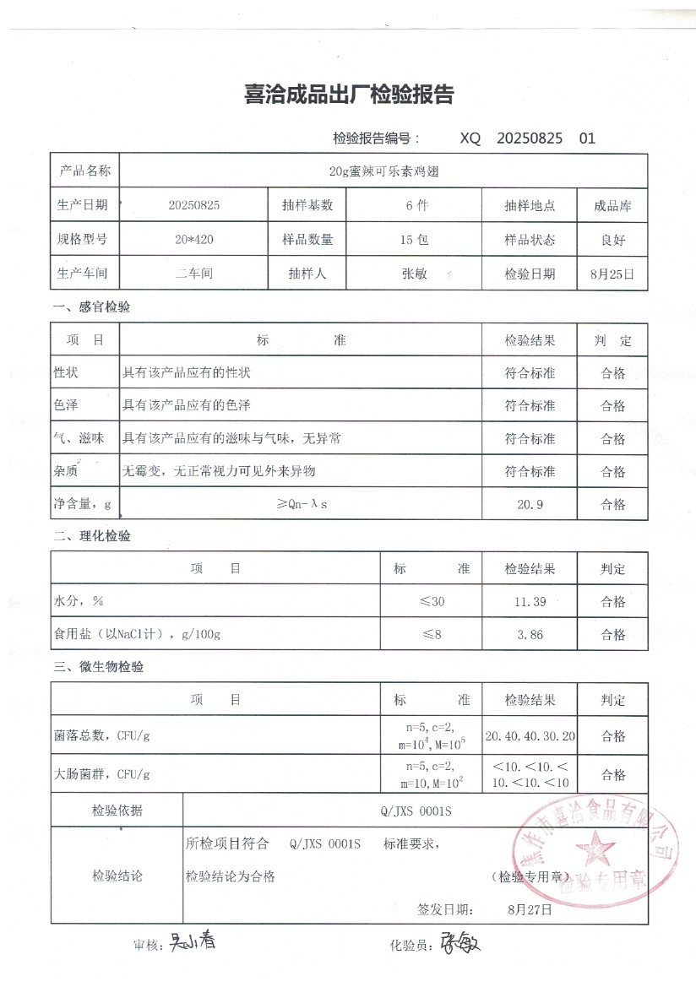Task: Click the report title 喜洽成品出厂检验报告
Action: pos(348,95)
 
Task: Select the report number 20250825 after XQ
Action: pos(530,138)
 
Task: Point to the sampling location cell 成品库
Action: pos(613,205)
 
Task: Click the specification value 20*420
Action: pos(194,240)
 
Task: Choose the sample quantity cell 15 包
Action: pos(414,240)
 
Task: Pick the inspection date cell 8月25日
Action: pos(613,274)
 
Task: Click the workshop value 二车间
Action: pos(194,274)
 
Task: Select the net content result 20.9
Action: pos(530,504)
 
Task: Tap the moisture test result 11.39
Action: pos(530,602)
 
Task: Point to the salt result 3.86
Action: pos(530,635)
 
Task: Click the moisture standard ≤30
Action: pos(431,602)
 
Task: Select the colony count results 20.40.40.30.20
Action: pos(530,736)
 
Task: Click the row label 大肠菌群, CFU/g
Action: pos(103,773)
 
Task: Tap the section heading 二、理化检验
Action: pos(92,536)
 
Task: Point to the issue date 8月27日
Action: pos(530,910)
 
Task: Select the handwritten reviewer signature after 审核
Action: pos(193,941)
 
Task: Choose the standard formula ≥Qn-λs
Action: pos(301,504)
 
